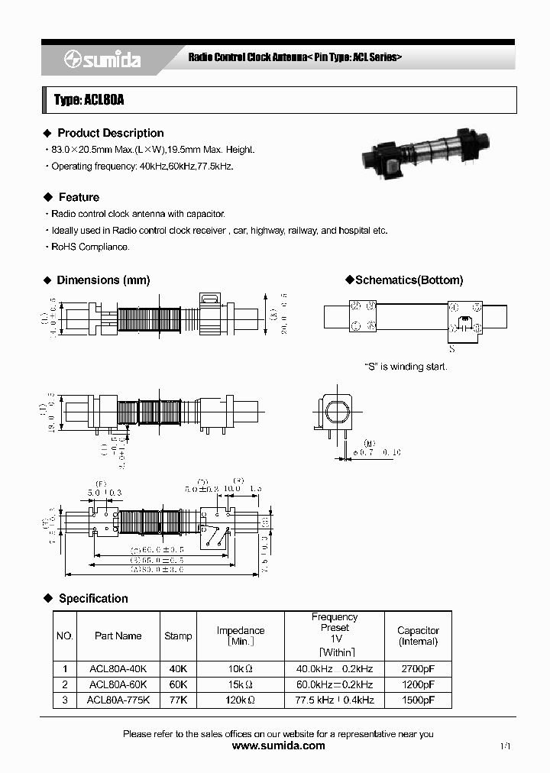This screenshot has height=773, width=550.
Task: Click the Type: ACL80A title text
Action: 89,100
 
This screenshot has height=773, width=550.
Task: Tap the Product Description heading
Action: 110,133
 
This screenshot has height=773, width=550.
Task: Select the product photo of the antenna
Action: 424,157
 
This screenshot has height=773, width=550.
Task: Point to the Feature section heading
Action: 79,197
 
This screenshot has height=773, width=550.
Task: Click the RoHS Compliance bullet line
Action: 90,247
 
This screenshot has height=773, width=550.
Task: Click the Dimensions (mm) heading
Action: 103,280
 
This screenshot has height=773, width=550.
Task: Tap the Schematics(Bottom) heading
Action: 409,280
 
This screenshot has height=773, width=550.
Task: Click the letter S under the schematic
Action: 451,349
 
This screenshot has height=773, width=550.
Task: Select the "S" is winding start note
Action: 406,367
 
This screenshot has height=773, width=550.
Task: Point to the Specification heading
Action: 93,598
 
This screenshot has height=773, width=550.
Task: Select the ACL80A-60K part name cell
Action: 118,684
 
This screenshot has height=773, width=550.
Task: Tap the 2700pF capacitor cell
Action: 418,668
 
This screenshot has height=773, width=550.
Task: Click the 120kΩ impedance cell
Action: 241,700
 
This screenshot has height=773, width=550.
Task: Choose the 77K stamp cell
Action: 178,700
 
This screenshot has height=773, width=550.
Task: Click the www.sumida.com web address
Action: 278,746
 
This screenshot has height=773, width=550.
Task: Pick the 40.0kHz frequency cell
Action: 334,668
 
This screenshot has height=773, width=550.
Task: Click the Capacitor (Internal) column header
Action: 418,636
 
